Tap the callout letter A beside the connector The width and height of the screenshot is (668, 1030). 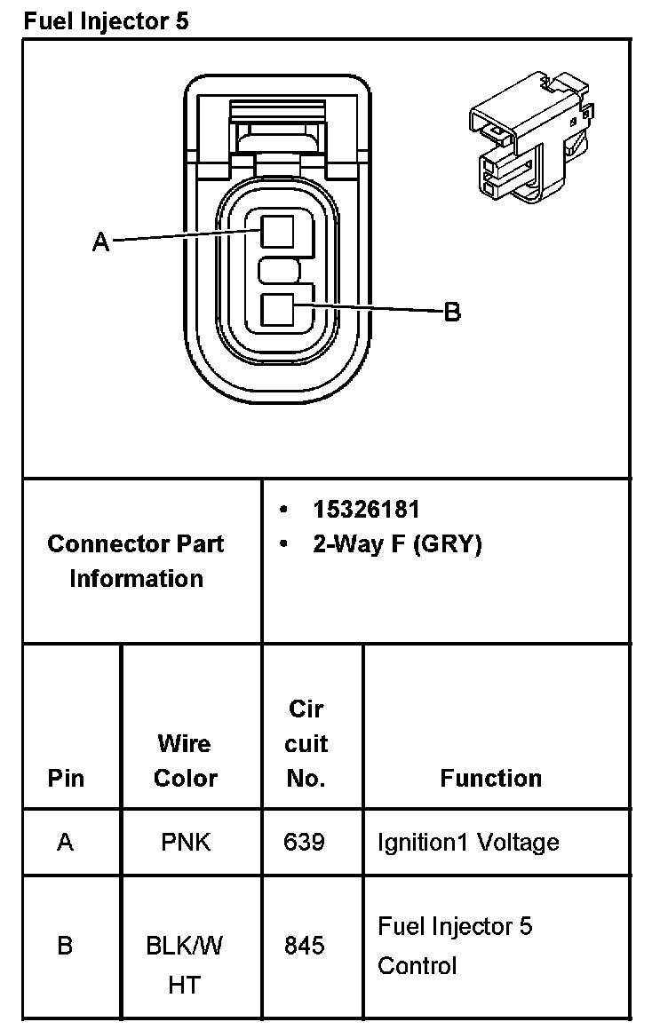101,242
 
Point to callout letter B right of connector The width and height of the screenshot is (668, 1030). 452,312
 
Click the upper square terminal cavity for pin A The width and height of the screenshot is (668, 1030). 278,231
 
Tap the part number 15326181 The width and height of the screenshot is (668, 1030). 366,510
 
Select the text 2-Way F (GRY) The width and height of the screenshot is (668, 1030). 396,544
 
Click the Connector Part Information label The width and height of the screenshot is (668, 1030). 136,560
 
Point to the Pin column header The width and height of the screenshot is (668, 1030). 66,779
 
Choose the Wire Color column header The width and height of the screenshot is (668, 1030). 186,760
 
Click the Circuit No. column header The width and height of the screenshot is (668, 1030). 306,743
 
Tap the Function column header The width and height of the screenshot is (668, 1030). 490,779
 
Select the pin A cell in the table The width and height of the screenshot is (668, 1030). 65,842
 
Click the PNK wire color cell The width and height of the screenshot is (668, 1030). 186,842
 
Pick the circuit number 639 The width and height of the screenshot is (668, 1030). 305,842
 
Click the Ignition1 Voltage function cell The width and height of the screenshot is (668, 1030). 468,842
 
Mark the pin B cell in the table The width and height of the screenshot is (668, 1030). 65,946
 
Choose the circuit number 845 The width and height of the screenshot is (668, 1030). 305,946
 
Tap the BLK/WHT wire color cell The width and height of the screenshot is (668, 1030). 185,964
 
